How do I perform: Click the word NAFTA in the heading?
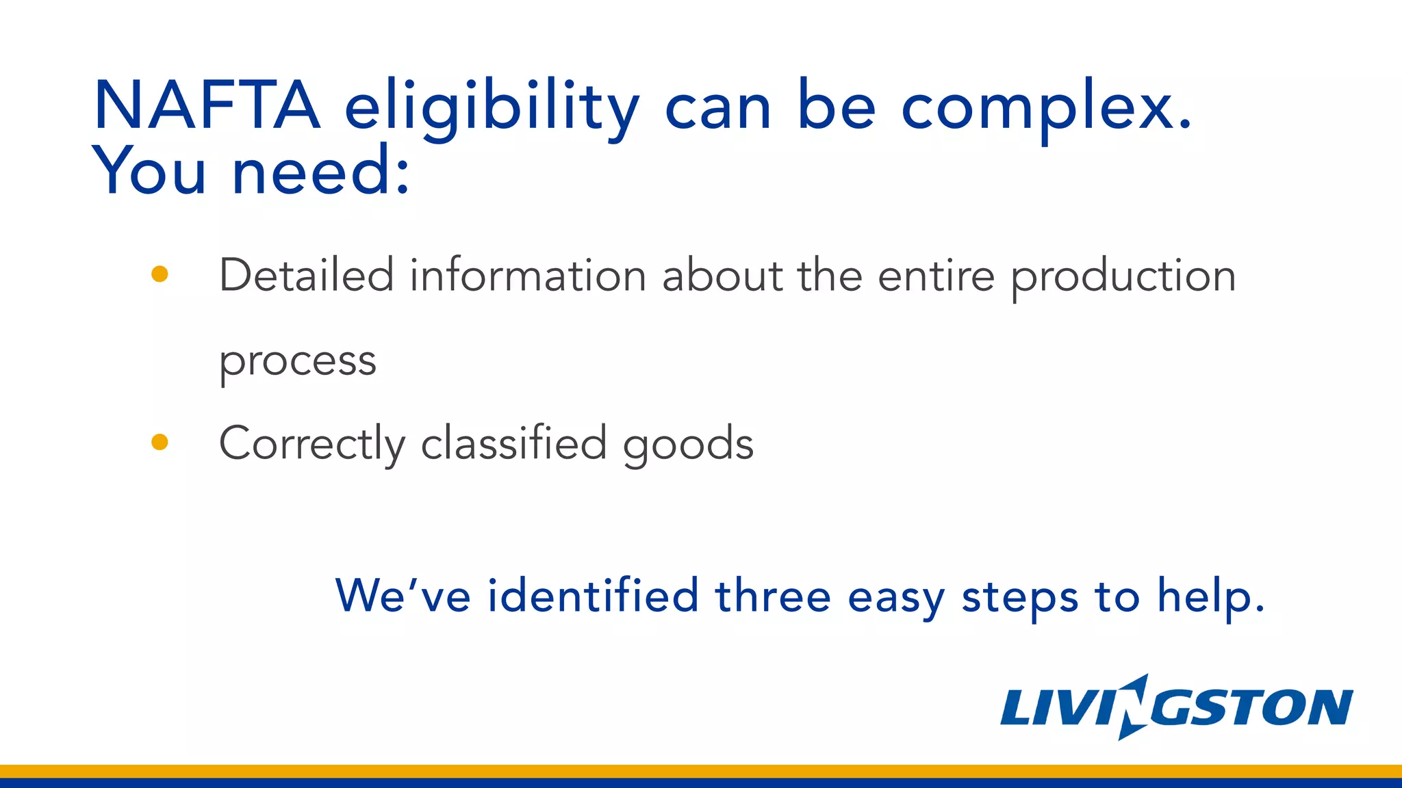(207, 105)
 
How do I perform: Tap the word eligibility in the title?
(491, 108)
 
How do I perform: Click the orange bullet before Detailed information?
(160, 274)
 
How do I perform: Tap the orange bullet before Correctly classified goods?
(160, 443)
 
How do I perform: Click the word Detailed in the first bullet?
(306, 275)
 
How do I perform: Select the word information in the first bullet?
(528, 275)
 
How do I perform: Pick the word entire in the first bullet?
(936, 275)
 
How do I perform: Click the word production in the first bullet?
(1123, 278)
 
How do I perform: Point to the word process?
(298, 361)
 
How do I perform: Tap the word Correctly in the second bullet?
(311, 443)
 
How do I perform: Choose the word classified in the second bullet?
(513, 443)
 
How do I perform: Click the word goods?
(688, 445)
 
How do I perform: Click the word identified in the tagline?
(593, 595)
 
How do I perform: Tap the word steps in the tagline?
(1020, 597)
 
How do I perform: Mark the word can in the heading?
(718, 109)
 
